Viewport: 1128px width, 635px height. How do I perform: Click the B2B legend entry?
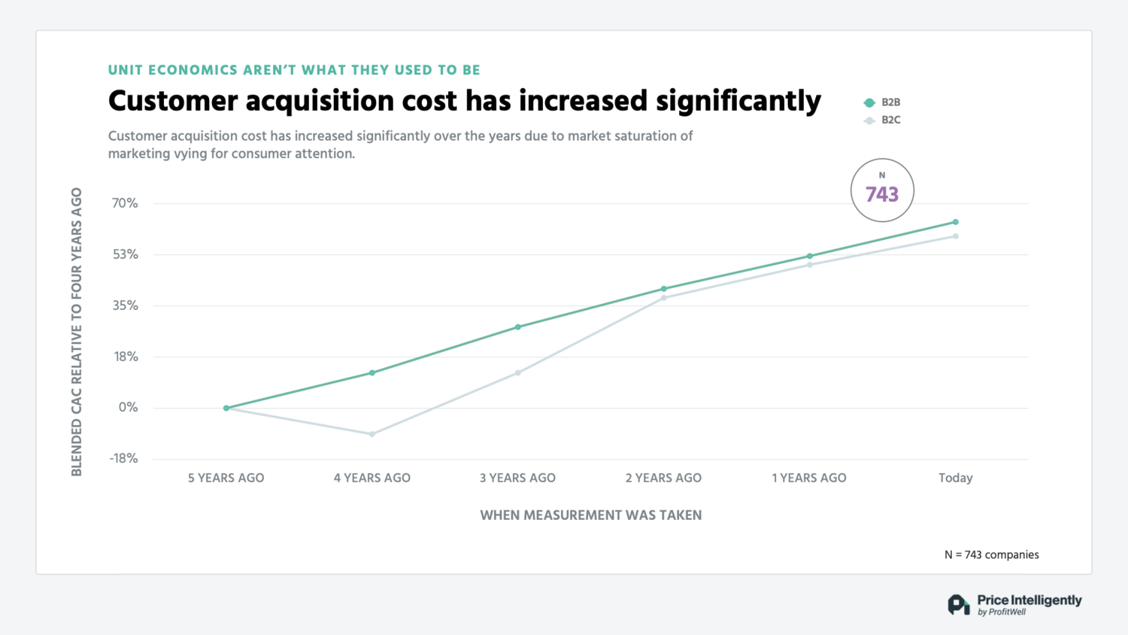(883, 102)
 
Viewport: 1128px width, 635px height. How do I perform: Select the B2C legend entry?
(883, 120)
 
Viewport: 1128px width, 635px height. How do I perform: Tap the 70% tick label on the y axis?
(125, 203)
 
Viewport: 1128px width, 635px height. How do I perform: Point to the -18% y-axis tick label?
(124, 458)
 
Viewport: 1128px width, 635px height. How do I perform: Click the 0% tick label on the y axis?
(129, 408)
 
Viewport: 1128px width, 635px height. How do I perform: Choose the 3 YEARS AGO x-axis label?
(517, 478)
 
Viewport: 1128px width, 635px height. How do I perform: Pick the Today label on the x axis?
(955, 478)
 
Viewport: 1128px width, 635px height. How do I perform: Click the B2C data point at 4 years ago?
(372, 434)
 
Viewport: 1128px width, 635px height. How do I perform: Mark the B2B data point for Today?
(956, 222)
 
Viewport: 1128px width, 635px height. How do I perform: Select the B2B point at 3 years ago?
(518, 327)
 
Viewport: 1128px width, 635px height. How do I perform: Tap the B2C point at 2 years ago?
(664, 298)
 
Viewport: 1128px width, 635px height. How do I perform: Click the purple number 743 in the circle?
(882, 195)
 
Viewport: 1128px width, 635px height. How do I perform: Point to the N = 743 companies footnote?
(991, 554)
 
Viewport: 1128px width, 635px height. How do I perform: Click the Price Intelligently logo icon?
(958, 604)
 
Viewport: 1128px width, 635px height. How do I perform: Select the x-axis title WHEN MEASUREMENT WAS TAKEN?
(591, 515)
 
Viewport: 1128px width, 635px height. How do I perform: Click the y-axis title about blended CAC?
(77, 332)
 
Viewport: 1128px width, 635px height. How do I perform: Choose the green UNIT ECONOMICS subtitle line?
(294, 70)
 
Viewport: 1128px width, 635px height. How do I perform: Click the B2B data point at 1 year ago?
(810, 257)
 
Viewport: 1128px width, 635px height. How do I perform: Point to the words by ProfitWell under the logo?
(1002, 612)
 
